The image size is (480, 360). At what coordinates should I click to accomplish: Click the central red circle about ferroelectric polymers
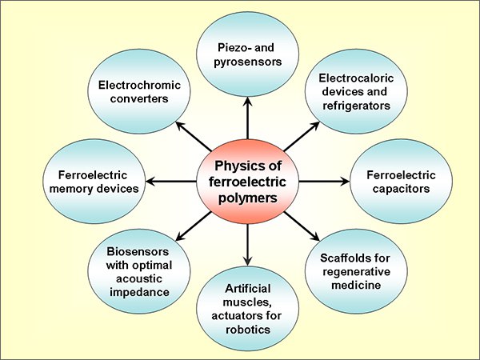[247, 182]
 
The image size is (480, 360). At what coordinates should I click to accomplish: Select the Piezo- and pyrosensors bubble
[247, 54]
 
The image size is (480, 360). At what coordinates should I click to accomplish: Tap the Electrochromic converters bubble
[139, 91]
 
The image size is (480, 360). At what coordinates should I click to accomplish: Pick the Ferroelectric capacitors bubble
[401, 182]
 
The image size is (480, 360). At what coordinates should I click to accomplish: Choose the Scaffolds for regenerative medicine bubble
[356, 271]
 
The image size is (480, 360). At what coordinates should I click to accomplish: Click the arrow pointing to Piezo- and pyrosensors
[247, 118]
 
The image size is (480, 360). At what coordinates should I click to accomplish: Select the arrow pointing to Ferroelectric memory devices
[171, 182]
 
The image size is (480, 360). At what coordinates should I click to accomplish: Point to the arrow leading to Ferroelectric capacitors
[324, 182]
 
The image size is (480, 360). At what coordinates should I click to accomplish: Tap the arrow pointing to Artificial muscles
[247, 245]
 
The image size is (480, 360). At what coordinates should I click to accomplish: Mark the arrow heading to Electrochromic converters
[194, 137]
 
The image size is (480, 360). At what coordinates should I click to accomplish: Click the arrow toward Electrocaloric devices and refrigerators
[302, 137]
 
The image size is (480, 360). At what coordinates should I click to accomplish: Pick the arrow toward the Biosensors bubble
[194, 226]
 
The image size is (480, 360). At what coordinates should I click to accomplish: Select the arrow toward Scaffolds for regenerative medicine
[302, 226]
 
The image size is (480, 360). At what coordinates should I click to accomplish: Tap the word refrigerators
[356, 106]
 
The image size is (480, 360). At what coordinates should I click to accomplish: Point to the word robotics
[248, 330]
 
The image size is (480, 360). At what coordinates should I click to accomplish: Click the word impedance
[139, 292]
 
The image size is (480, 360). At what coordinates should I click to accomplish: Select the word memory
[71, 189]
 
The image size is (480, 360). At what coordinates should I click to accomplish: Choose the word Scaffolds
[341, 258]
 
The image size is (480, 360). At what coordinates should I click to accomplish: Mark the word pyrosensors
[248, 62]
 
